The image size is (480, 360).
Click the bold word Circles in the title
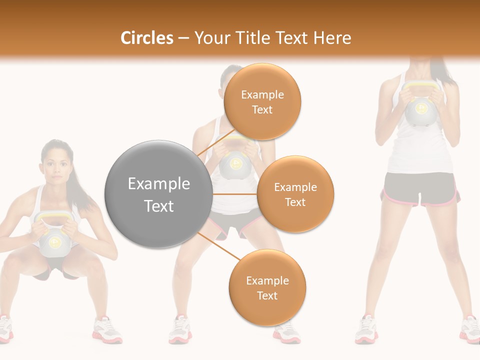click(146, 38)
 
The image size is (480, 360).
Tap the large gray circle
click(158, 194)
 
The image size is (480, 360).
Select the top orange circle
click(262, 101)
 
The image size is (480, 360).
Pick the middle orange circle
click(295, 194)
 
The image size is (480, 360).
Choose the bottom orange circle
click(267, 287)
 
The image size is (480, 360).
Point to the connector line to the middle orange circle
click(235, 194)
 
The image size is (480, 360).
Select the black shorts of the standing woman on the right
click(420, 187)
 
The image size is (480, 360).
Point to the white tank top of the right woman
click(420, 150)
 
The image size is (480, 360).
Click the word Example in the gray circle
click(158, 184)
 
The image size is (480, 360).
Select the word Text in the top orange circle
click(262, 109)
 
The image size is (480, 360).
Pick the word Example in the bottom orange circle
click(267, 280)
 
